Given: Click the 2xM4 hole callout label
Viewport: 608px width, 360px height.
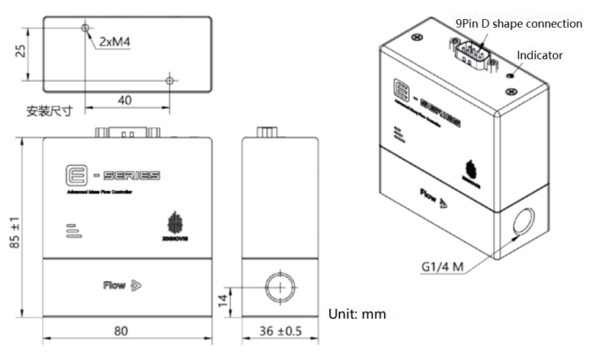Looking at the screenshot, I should coord(114,42).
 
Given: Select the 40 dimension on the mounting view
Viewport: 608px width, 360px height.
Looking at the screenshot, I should coord(125,100).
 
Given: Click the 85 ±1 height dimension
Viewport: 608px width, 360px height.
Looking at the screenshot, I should coord(15,227).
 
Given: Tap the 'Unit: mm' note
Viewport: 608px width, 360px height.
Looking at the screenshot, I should coord(356,314).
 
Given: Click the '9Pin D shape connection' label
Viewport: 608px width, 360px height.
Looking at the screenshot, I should coord(519,23).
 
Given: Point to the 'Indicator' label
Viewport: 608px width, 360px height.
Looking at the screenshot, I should coord(540,55).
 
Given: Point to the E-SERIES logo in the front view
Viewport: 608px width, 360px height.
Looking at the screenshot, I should coord(112,176).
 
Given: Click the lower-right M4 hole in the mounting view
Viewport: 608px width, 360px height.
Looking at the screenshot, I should coord(170,79).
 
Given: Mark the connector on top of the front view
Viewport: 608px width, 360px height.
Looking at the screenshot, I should coord(127,133).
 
